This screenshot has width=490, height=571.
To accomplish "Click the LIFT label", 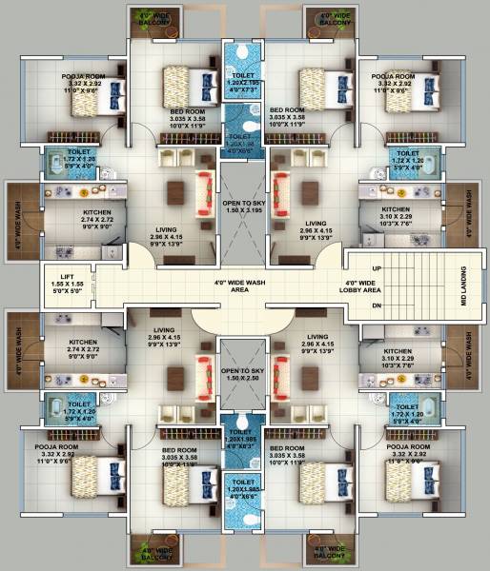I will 58,273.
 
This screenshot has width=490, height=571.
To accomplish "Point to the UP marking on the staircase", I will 377,269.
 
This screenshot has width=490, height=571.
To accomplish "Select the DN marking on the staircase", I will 377,305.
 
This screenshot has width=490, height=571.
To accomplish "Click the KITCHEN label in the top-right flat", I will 396,209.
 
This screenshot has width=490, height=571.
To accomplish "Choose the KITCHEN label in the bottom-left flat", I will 83,343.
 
